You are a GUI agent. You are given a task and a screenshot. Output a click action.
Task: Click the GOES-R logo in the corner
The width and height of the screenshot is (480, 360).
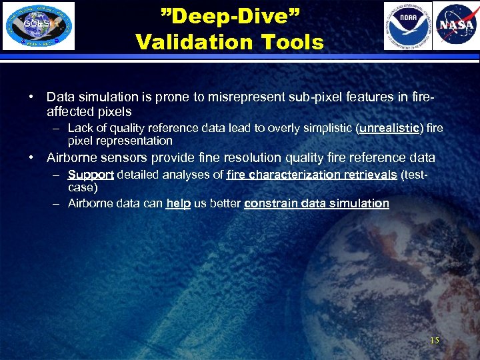[x=39, y=26]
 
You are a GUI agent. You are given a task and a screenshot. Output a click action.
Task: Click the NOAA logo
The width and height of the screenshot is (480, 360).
[x=407, y=26]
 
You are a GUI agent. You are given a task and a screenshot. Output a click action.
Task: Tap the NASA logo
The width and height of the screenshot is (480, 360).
[x=456, y=26]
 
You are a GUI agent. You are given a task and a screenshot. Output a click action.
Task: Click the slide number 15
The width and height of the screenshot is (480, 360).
[x=435, y=341]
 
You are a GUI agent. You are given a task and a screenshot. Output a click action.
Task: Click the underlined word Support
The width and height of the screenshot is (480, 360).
[x=91, y=175]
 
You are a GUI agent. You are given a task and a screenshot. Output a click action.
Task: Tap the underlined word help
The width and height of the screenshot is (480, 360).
[x=178, y=204]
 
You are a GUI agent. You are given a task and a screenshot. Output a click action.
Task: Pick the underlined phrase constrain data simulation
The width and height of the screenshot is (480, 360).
[x=317, y=204]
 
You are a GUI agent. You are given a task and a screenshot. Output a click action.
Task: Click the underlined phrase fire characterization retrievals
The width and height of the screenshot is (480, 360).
[x=311, y=175]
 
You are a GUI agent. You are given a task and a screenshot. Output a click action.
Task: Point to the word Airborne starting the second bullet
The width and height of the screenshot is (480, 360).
[x=71, y=158]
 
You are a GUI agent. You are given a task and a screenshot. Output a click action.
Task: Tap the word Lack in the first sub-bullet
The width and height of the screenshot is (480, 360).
[x=79, y=128]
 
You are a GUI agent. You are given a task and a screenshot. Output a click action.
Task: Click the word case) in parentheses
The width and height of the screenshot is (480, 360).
[x=83, y=188]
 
